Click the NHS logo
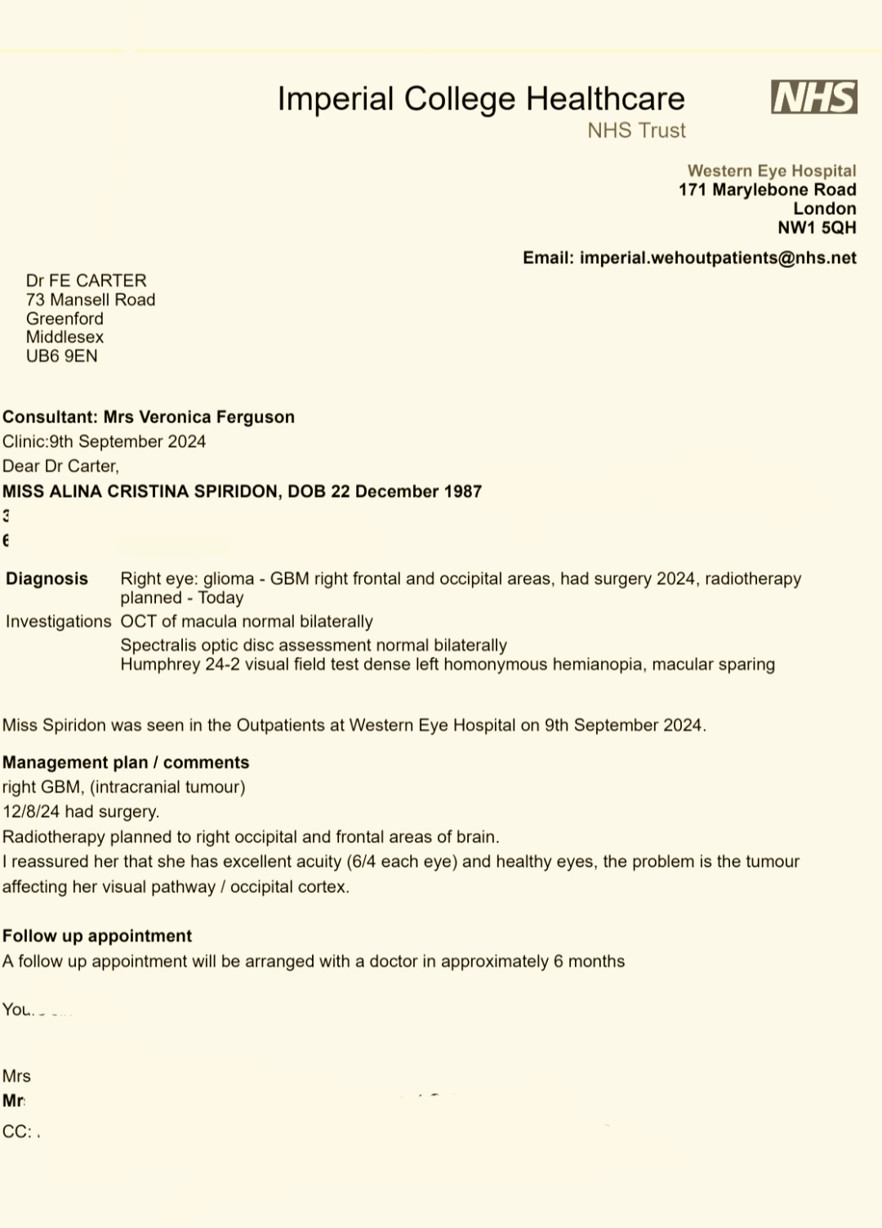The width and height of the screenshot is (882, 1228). click(x=813, y=97)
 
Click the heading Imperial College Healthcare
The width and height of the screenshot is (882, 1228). click(x=481, y=99)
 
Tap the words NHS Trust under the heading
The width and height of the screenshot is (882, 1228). click(x=636, y=131)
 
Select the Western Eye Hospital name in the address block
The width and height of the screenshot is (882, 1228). click(x=771, y=171)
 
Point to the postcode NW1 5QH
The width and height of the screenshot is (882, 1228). click(x=817, y=228)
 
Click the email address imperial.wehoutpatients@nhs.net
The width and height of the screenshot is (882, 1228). click(x=718, y=258)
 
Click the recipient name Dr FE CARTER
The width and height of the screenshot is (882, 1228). click(x=86, y=281)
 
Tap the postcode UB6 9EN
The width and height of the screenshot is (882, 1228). click(x=61, y=356)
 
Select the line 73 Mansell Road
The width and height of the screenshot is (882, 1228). click(x=90, y=300)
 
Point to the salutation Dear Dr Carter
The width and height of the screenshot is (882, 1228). click(x=60, y=467)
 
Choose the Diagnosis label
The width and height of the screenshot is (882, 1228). click(x=47, y=579)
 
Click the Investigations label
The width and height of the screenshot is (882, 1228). click(x=58, y=622)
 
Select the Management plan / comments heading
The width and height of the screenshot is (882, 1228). click(x=126, y=763)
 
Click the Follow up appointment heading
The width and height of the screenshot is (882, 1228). click(x=97, y=936)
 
